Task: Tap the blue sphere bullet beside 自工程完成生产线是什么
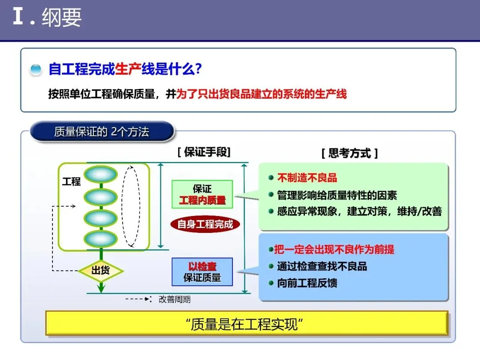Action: point(36,70)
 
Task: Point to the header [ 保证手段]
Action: point(204,152)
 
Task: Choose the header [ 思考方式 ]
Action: point(349,153)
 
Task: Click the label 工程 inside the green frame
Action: point(71,181)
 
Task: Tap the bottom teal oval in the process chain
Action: point(101,239)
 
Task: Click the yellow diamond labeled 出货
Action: point(101,270)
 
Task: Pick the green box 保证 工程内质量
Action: point(202,194)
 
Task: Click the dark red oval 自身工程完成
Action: point(205,224)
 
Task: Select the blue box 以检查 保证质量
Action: point(202,272)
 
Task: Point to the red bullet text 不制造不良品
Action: point(307,178)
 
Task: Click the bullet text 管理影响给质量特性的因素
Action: point(337,195)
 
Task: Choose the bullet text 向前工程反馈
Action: point(307,283)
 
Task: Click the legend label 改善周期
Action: point(175,300)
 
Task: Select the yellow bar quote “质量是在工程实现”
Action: point(247,324)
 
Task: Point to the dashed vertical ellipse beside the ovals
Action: point(131,205)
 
